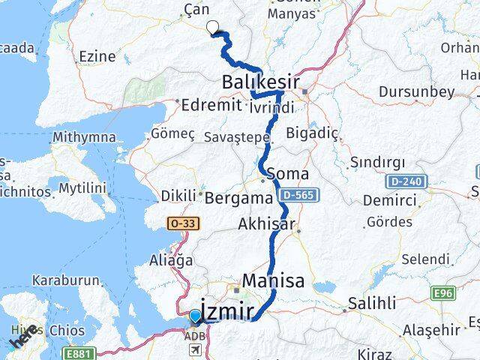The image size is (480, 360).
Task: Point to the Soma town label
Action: (286, 173)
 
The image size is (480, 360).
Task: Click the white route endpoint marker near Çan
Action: (213, 28)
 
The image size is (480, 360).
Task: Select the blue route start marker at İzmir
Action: (195, 316)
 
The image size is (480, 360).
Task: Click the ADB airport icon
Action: (195, 350)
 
